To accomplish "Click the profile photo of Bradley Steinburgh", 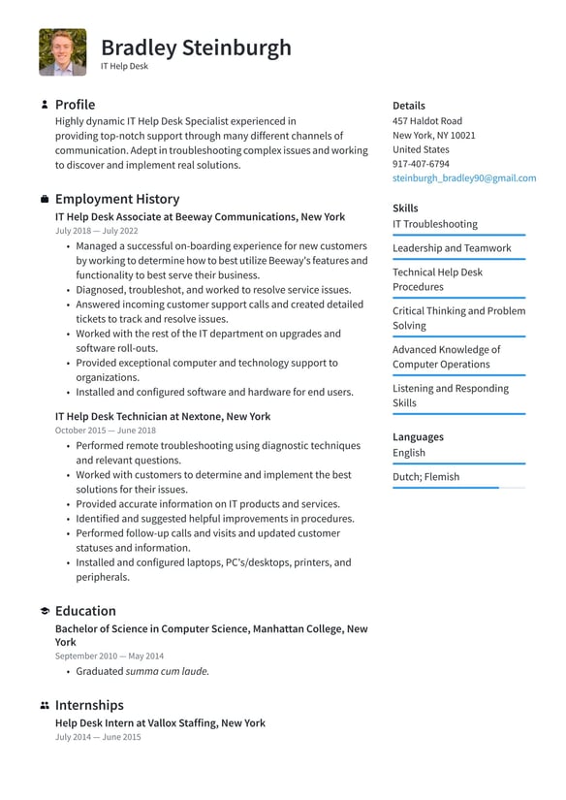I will pos(62,52).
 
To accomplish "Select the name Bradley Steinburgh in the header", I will pos(196,47).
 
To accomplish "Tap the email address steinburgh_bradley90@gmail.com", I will pos(463,178).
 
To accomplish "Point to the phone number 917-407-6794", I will pos(421,164).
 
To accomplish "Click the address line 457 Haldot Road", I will pos(426,121).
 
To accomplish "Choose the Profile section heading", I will pos(75,104).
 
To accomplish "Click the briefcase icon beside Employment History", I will pos(45,199).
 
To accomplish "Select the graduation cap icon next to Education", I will pos(45,611).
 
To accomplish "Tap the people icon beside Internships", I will pos(45,705).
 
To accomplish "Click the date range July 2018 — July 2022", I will pos(97,232).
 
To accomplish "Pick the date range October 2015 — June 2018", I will pos(106,431).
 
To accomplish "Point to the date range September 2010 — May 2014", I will pos(110,656).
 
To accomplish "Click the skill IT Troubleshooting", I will pos(434,224).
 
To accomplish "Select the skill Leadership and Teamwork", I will pos(452,248).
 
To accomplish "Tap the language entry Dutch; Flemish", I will pos(425,477).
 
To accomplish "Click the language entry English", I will pos(409,453).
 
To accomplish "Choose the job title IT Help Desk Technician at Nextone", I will pos(163,417).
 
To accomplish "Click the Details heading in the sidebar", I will pos(408,106).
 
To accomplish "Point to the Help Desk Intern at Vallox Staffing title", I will pos(160,723).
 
